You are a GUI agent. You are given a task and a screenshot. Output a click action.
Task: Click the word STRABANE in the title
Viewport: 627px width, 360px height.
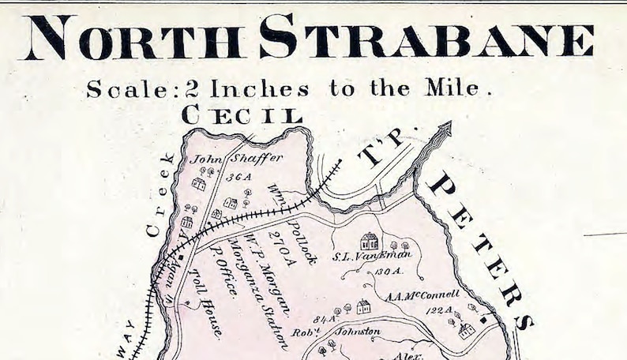coord(426,39)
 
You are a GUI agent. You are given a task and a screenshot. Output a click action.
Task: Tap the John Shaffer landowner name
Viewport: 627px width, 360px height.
coord(236,159)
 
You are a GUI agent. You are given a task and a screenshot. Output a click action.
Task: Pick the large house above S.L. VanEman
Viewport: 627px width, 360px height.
coord(369,240)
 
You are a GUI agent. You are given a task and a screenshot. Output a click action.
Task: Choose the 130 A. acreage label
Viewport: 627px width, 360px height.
coord(388,271)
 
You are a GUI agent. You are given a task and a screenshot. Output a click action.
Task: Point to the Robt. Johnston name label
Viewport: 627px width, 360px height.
coord(347,332)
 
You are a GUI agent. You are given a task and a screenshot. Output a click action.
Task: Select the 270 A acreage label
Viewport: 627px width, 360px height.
coord(286,246)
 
